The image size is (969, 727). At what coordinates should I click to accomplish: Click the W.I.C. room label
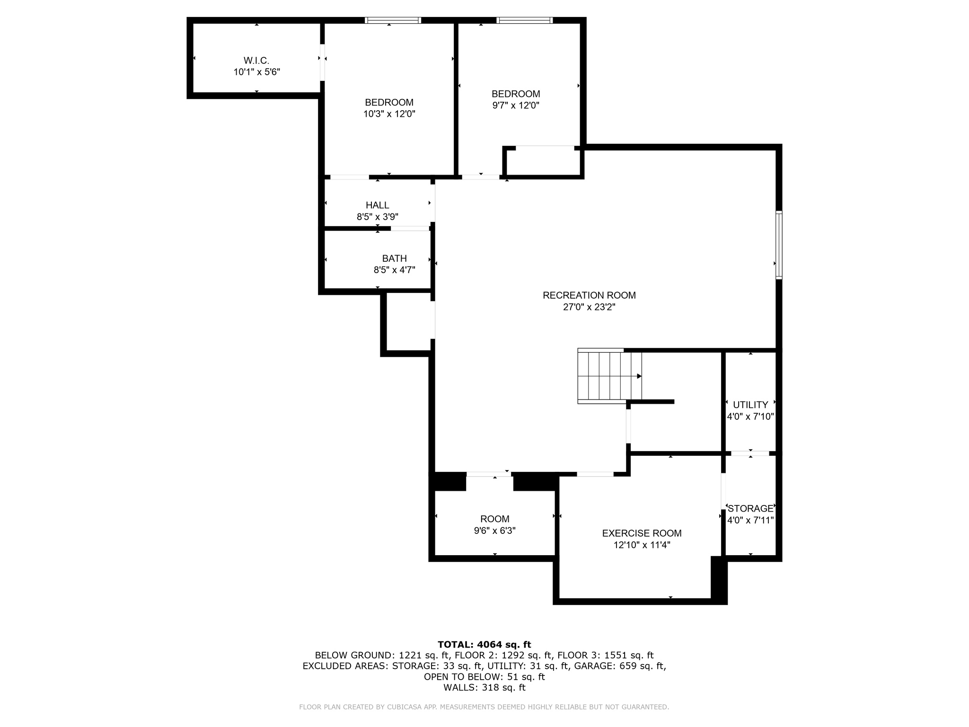coord(256,61)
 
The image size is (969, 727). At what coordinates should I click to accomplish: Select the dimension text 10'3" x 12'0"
coord(389,114)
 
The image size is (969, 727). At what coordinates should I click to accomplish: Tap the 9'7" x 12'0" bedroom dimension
coord(516,105)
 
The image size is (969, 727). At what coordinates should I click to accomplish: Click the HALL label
coord(377,205)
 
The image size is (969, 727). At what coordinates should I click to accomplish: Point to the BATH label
coord(394,258)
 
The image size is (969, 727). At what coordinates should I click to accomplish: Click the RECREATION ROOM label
coord(589,295)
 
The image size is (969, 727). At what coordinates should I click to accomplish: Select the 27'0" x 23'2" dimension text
coord(589,307)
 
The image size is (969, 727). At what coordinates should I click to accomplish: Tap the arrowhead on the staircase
coord(639,376)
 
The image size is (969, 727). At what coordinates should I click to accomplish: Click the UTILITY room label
coord(750,405)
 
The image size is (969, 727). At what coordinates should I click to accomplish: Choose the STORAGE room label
coord(750,508)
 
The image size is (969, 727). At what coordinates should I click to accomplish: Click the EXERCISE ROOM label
coord(642,533)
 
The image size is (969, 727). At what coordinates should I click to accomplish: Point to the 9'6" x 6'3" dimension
coord(495,531)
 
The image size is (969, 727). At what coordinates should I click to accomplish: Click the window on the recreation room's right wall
coord(779,245)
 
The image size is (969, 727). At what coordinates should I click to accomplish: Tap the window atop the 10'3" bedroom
coord(393,20)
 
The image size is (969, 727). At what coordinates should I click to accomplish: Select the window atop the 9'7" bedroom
coord(524,20)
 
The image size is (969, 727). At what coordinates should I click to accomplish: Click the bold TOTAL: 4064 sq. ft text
coord(484,644)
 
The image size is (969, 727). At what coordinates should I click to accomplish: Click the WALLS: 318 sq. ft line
coord(484,687)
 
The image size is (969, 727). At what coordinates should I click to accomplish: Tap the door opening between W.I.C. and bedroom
coord(322,62)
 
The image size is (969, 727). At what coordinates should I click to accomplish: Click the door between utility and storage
coord(750,453)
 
